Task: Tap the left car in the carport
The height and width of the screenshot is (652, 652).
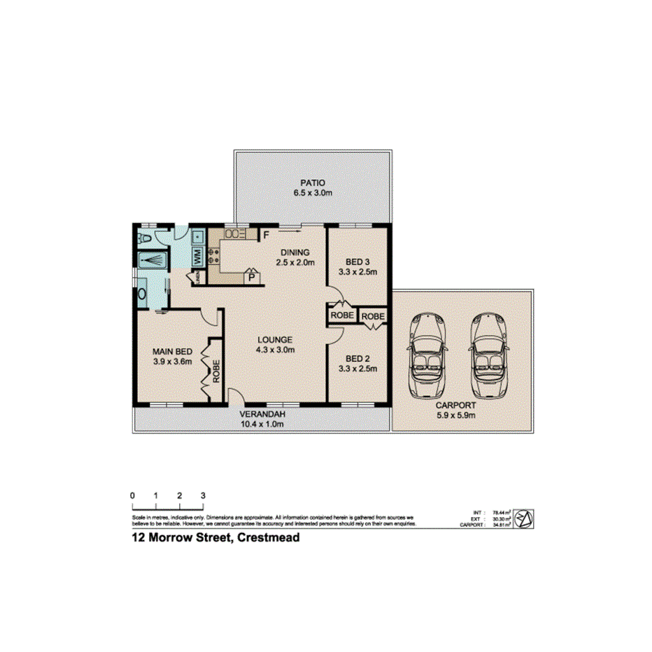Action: pos(426,355)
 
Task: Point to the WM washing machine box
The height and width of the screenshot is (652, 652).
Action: pos(197,257)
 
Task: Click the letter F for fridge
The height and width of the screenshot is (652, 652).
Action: pos(266,234)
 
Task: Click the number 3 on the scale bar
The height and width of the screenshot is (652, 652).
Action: pos(203,495)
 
